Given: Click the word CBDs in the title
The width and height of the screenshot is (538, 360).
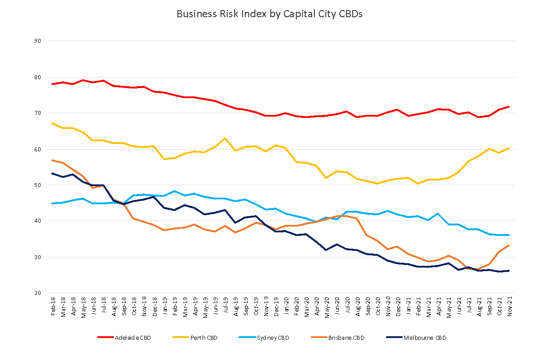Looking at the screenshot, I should pyautogui.click(x=351, y=14).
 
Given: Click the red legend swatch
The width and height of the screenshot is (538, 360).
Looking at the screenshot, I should pyautogui.click(x=106, y=337).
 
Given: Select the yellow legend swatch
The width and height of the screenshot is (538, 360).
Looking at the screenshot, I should pyautogui.click(x=181, y=337).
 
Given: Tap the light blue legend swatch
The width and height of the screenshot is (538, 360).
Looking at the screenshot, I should pyautogui.click(x=247, y=337).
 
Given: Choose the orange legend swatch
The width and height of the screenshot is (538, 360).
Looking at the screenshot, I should pyautogui.click(x=319, y=337).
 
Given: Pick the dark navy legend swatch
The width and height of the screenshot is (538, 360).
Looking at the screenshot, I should pyautogui.click(x=394, y=337).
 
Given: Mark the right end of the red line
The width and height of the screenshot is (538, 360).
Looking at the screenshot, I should pyautogui.click(x=509, y=107).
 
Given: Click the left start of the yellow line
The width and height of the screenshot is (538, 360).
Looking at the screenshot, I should pyautogui.click(x=52, y=123).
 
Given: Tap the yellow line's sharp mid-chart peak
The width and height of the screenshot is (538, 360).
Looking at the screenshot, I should pyautogui.click(x=225, y=138).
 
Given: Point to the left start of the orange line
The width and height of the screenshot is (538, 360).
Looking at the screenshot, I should pyautogui.click(x=52, y=160).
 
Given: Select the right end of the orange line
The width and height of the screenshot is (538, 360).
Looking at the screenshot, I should pyautogui.click(x=509, y=245).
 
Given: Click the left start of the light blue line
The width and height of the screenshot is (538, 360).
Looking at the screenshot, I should pyautogui.click(x=52, y=203).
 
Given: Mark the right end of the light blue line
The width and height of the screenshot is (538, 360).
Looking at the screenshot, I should pyautogui.click(x=509, y=235).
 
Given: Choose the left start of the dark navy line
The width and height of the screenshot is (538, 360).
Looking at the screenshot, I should pyautogui.click(x=52, y=173).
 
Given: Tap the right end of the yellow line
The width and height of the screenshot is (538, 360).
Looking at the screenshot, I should pyautogui.click(x=509, y=148).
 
